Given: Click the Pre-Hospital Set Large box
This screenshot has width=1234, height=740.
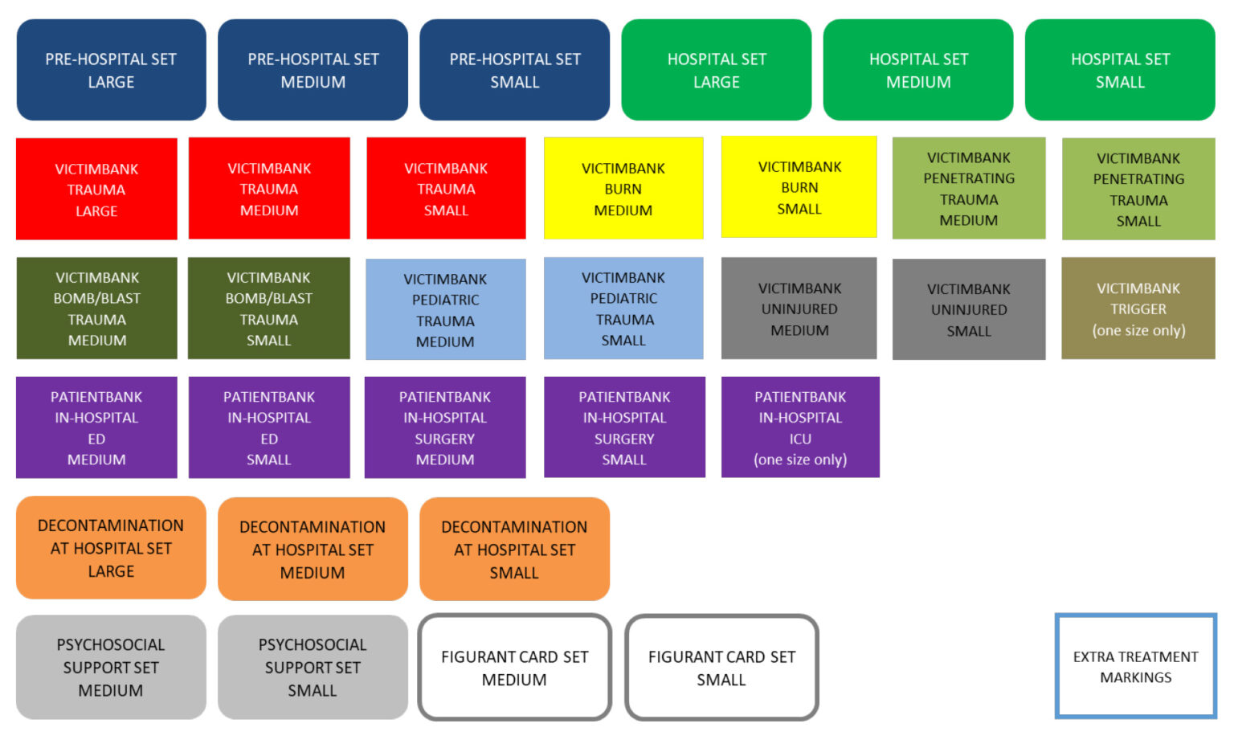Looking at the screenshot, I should (111, 71).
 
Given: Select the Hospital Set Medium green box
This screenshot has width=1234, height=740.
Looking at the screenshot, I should (918, 71).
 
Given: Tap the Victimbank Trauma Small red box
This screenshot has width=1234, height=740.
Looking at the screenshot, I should (446, 189).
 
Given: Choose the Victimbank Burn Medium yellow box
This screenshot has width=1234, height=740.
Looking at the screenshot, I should (623, 189).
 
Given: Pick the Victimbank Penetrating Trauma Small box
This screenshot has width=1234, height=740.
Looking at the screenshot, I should (1138, 189).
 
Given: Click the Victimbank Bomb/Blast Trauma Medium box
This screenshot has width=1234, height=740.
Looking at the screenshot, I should (96, 309).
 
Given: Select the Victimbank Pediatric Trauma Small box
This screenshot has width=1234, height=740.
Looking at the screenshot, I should (623, 309).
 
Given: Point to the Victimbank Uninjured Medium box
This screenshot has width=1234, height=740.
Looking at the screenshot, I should (799, 309).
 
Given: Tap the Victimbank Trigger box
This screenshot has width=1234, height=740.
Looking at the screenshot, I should (1138, 309).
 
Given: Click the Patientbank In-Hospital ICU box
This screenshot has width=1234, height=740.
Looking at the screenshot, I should (800, 427).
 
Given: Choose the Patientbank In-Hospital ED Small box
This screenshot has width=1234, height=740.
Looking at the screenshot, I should (269, 427).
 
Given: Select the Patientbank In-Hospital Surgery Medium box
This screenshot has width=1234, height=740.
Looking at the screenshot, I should (445, 427).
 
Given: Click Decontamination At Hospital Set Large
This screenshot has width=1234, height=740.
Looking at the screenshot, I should (111, 548).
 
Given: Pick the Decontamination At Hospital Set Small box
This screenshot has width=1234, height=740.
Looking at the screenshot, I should (514, 550).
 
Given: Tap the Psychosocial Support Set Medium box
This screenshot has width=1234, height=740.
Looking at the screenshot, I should (111, 667).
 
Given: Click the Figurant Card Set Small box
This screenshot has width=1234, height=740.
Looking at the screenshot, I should (721, 668).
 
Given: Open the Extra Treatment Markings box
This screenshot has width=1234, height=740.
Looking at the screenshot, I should (1136, 667).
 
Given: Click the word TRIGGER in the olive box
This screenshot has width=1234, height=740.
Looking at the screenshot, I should (1138, 309).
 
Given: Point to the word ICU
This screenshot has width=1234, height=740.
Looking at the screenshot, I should (800, 439).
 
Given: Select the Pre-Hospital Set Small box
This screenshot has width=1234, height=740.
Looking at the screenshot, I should (515, 71).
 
